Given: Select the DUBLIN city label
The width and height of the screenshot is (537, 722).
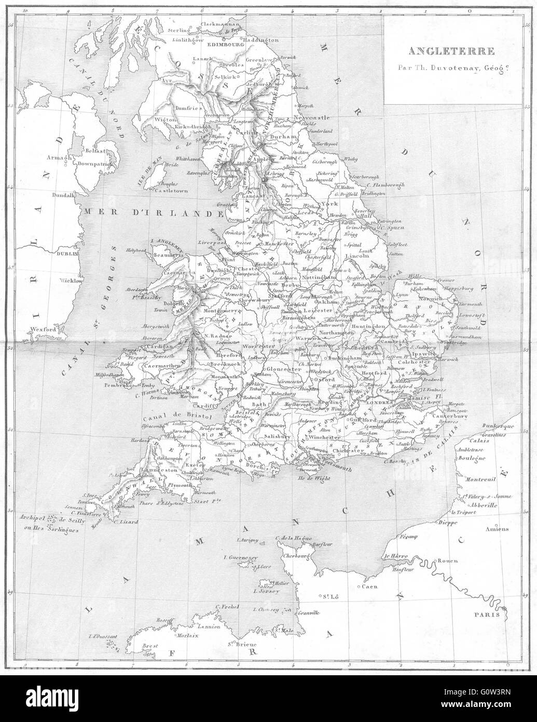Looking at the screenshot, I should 67,254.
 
